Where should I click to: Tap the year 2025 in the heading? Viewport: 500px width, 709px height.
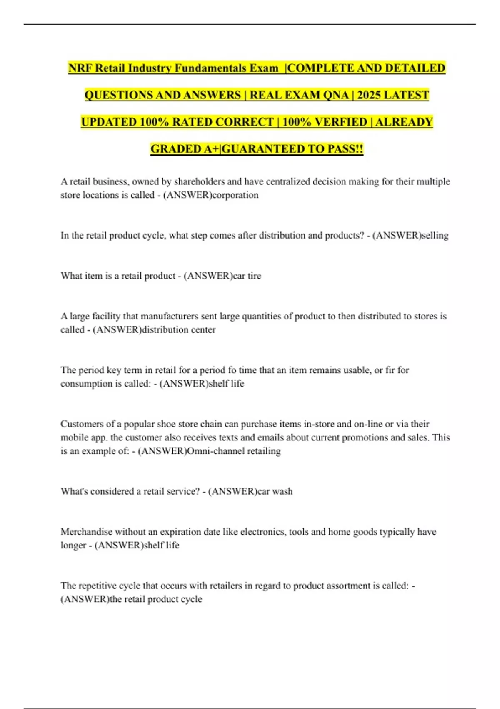pos(368,95)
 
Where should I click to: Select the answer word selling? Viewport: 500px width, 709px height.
pos(435,236)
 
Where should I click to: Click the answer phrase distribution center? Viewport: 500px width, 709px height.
pos(179,330)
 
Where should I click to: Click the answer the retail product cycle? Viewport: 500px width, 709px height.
pos(156,599)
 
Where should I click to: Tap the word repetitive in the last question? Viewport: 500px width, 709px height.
pos(99,586)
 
